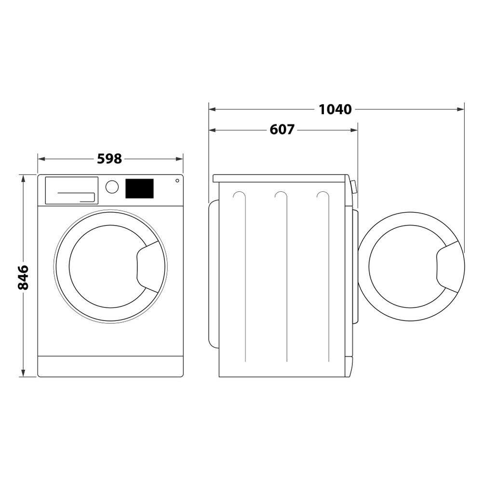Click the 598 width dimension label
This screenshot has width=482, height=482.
109,159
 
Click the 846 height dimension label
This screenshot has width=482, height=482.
23,277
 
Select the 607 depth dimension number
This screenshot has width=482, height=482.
281,130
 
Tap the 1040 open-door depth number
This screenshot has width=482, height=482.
335,109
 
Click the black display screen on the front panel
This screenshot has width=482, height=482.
139,188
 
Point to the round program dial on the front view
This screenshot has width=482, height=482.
112,187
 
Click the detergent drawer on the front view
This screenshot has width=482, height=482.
71,190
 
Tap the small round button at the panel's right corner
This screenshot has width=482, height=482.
177,181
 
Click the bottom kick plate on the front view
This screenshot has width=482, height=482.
110,366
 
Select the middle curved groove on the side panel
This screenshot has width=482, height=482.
281,195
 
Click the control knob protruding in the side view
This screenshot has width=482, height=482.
354,187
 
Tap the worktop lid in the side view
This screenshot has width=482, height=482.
280,178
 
